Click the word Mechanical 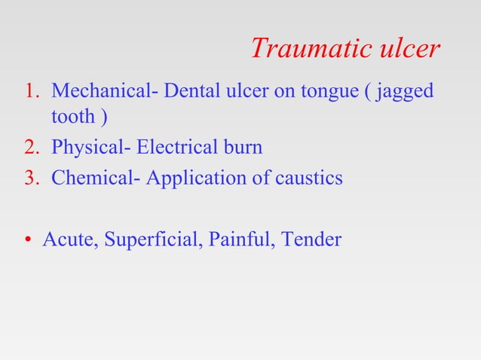coord(97,92)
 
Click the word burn coord(243,147)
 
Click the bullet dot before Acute coord(26,241)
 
